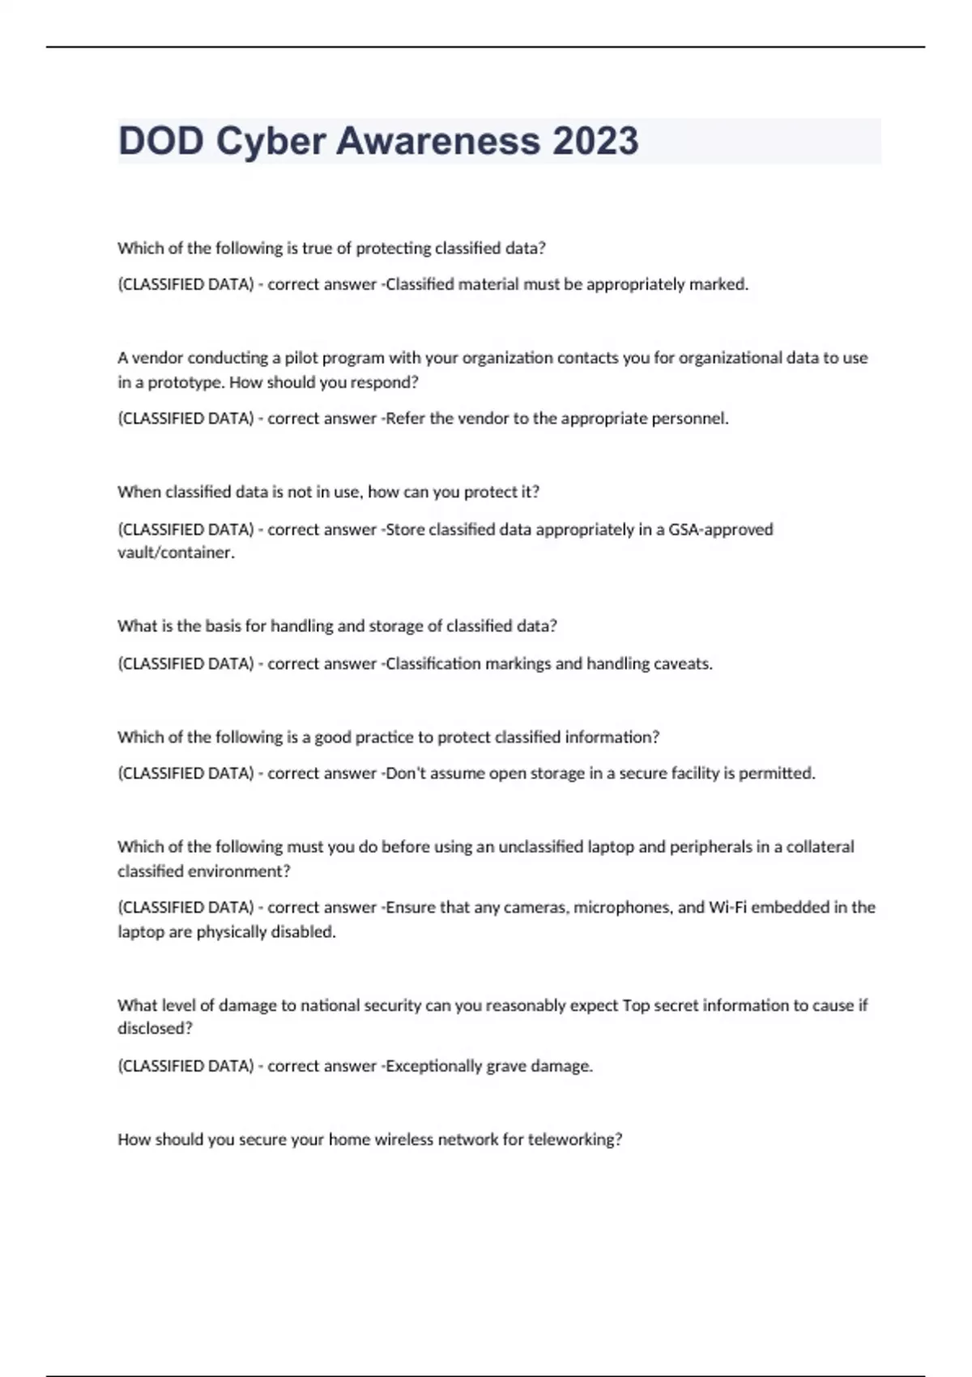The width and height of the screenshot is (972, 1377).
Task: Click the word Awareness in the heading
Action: click(x=438, y=141)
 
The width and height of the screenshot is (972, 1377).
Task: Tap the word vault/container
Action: click(x=176, y=553)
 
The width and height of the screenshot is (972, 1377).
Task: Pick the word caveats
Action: click(x=684, y=664)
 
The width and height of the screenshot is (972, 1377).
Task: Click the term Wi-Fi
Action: click(x=728, y=908)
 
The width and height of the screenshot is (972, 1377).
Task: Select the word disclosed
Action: click(x=155, y=1029)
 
